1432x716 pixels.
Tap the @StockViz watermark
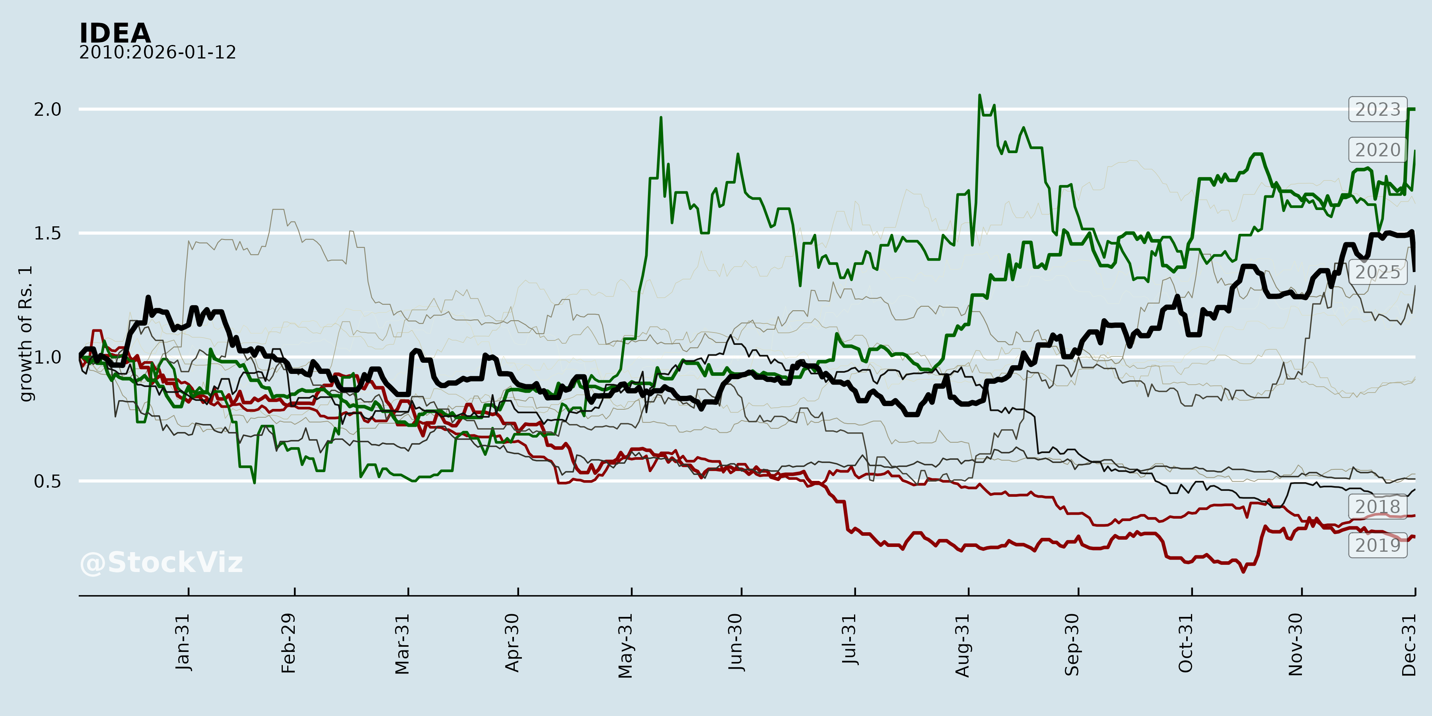[x=161, y=562]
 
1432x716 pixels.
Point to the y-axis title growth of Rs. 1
[x=25, y=334]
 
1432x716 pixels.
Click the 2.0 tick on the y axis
[x=48, y=109]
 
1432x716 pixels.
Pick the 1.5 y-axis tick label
[x=48, y=233]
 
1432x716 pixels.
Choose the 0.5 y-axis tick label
[x=48, y=481]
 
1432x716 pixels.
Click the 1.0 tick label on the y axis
[x=48, y=357]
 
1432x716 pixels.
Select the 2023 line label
[x=1378, y=109]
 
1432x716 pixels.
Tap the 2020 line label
[x=1378, y=150]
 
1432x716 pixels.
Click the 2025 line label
[x=1378, y=272]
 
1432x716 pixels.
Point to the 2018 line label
[x=1378, y=506]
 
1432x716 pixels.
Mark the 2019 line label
[x=1378, y=545]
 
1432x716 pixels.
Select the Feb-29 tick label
[x=288, y=643]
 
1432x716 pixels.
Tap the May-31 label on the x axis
[x=625, y=646]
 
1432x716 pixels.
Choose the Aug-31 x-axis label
[x=962, y=646]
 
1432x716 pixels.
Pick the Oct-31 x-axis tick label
[x=1186, y=643]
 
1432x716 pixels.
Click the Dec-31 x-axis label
[x=1409, y=645]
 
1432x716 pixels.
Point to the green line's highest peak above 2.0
[x=979, y=95]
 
